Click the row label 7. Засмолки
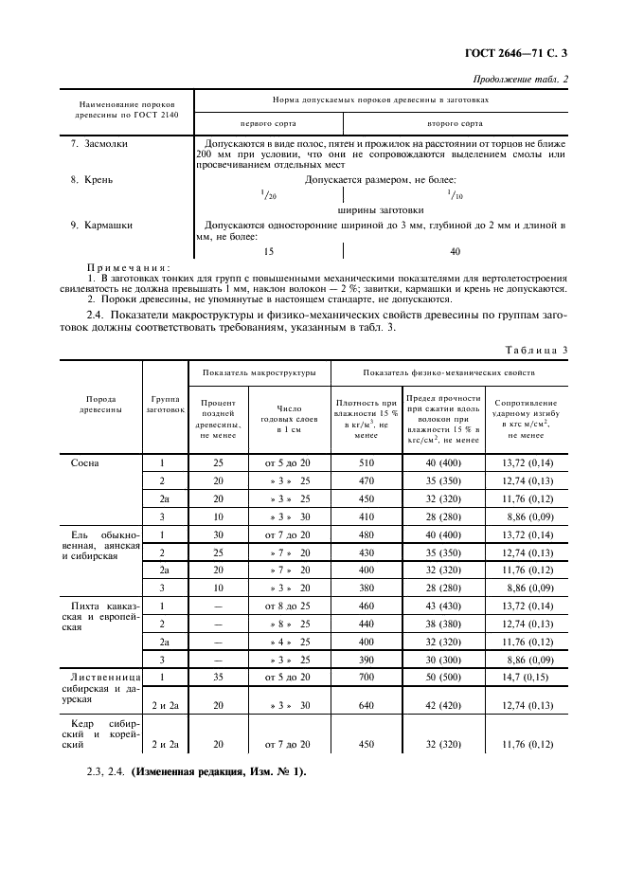[x=100, y=144]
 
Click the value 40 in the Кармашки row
[x=455, y=251]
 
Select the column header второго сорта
[x=455, y=123]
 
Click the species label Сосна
[x=84, y=463]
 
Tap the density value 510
[x=366, y=463]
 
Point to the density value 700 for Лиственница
[x=366, y=679]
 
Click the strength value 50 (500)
[x=443, y=679]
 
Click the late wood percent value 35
[x=218, y=679]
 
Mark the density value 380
[x=366, y=587]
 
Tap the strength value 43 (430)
[x=443, y=605]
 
